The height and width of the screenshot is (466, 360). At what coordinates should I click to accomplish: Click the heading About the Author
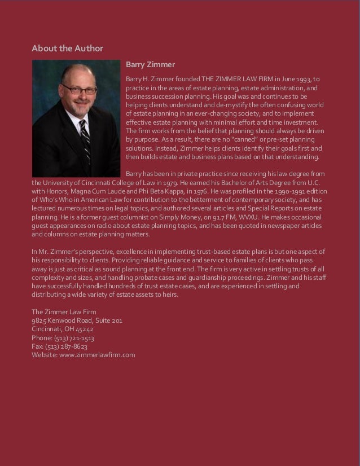[x=67, y=48]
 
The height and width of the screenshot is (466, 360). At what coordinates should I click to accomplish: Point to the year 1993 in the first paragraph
[x=310, y=78]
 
